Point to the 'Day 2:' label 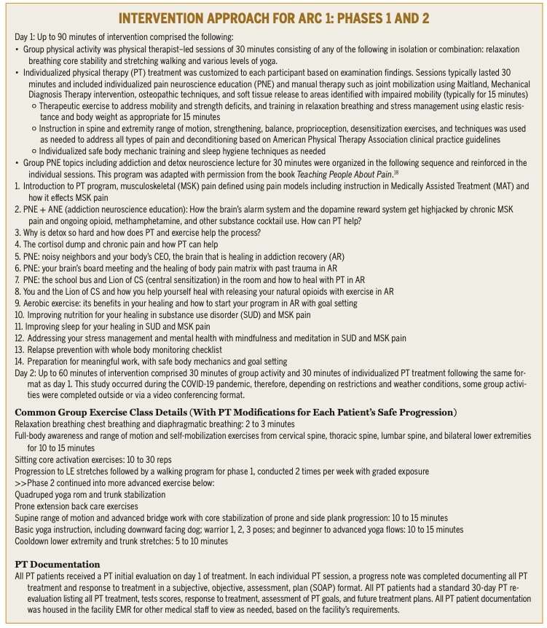[x=25, y=372]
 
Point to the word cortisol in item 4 [x=55, y=245]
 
